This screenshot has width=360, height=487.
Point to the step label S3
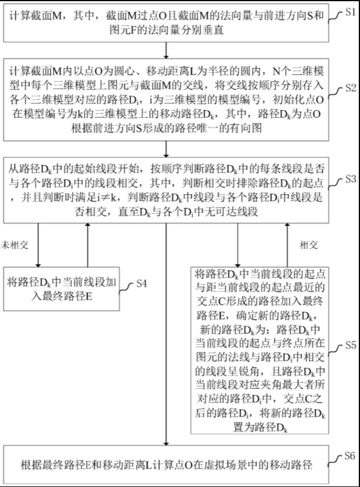[x=350, y=178]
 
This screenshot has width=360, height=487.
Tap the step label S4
[x=141, y=283]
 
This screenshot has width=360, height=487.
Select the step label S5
[x=350, y=345]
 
